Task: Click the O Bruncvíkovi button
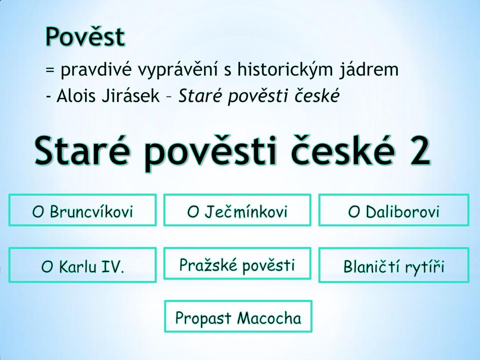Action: (x=82, y=210)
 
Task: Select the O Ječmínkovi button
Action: (x=237, y=210)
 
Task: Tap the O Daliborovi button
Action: (x=393, y=210)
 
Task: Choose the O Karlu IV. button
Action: (x=82, y=265)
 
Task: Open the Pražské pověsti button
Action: (x=237, y=264)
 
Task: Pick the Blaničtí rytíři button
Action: (x=393, y=265)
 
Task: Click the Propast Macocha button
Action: (x=238, y=316)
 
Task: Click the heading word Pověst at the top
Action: (x=85, y=36)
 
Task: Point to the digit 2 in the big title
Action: (x=419, y=150)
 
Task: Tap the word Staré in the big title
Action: (x=81, y=150)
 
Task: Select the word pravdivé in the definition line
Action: (x=96, y=70)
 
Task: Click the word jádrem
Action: (x=369, y=70)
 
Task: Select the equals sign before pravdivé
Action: (x=50, y=70)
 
